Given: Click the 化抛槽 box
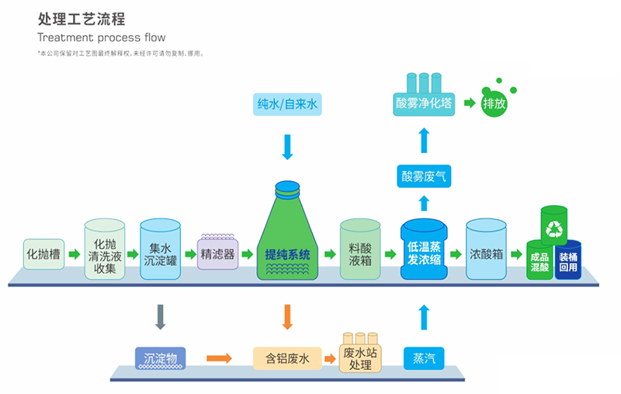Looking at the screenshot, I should click(43, 254).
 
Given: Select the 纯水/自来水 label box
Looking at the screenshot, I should click(288, 103).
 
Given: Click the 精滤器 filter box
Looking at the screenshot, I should click(217, 253).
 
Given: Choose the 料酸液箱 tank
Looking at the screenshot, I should click(360, 250).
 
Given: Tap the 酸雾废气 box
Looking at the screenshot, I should click(424, 176).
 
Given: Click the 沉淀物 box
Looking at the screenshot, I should click(161, 358).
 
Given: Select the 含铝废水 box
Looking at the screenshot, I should click(288, 358).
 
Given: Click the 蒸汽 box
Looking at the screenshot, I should click(424, 358).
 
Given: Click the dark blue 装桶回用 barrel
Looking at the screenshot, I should click(567, 261).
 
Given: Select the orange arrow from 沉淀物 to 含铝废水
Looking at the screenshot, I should click(219, 358).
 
